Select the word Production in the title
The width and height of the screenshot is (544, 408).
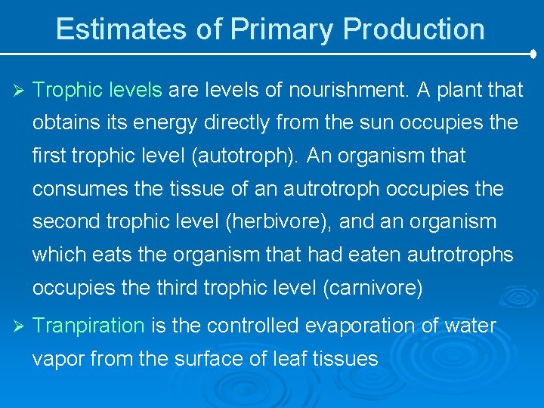[414, 29]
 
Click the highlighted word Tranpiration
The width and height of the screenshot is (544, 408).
[89, 326]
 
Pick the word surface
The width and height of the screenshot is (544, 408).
[202, 358]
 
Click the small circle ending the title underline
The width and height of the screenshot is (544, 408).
[534, 54]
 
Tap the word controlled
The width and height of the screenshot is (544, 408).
[253, 326]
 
